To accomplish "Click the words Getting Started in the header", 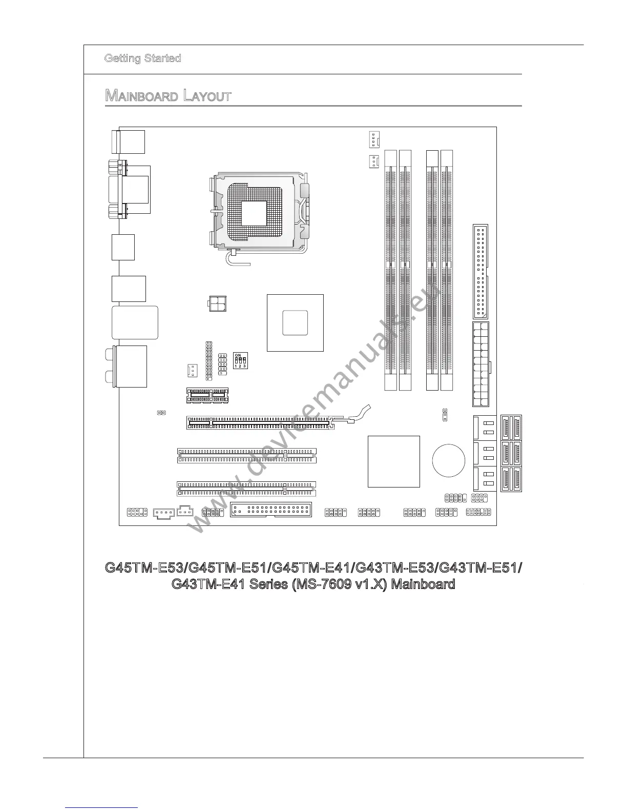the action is point(142,58).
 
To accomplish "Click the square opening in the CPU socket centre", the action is point(255,213).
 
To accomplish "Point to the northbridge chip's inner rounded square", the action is point(295,322).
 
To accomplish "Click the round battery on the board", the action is point(449,459).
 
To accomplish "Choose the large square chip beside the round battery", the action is point(393,461).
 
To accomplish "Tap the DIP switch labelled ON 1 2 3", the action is point(240,361).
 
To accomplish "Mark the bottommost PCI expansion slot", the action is point(246,489).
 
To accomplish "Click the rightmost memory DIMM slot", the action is point(447,270).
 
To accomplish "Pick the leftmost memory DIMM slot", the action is point(391,270).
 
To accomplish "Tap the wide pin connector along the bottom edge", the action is point(270,510).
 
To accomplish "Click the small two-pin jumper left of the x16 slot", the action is point(161,412).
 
